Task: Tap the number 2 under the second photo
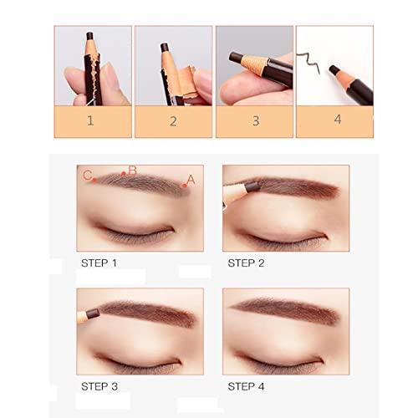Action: (174, 120)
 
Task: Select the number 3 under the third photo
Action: (255, 120)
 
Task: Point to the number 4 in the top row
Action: (338, 119)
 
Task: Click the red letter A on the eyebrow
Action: (190, 179)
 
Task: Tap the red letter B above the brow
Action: (131, 170)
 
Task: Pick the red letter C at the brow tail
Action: (87, 175)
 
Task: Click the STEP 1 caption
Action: (99, 262)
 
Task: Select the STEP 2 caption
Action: (247, 262)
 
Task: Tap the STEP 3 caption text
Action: (99, 385)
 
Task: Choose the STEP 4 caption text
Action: (247, 385)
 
